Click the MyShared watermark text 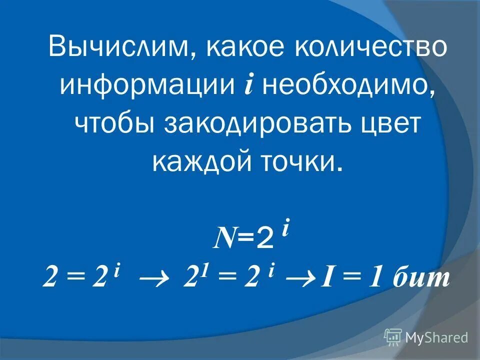[x=436, y=337]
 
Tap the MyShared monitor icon [x=393, y=337]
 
